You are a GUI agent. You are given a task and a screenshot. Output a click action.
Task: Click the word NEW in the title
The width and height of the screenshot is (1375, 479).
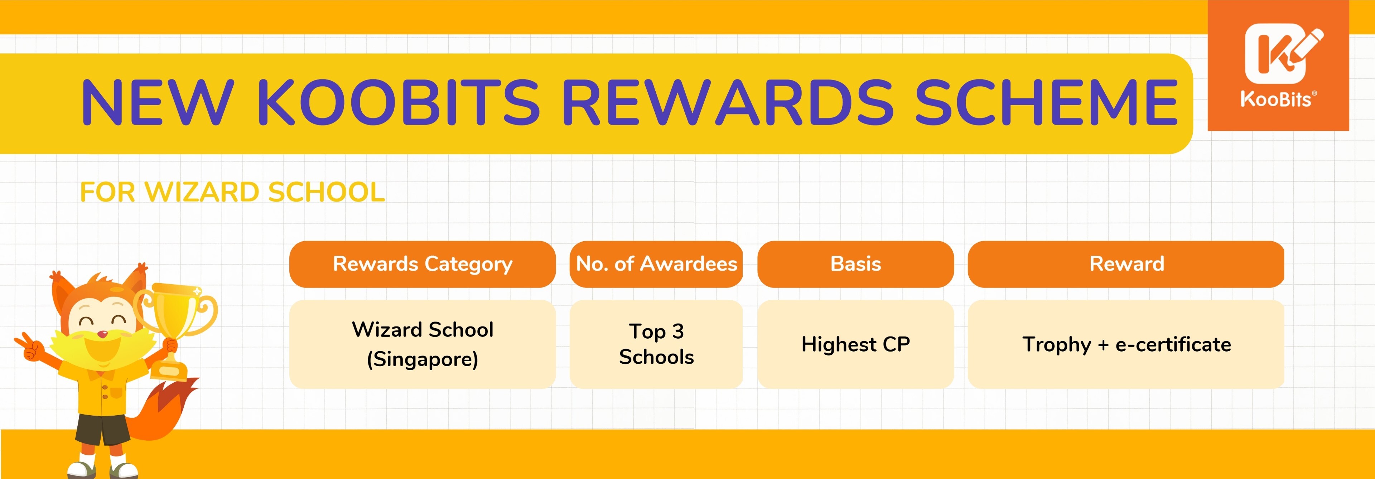158,102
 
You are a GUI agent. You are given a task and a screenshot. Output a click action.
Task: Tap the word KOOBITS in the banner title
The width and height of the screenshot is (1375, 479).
398,102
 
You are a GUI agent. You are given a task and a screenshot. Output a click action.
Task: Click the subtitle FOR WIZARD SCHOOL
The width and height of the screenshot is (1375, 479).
232,192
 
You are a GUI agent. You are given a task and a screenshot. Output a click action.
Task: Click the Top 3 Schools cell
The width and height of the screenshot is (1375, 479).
656,344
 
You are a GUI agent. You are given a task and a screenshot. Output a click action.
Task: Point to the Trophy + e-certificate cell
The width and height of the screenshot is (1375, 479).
1126,344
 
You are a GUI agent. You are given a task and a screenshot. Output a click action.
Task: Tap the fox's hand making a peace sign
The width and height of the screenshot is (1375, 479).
28,347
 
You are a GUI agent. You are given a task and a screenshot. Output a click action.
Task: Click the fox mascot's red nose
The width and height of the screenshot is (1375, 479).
103,334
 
